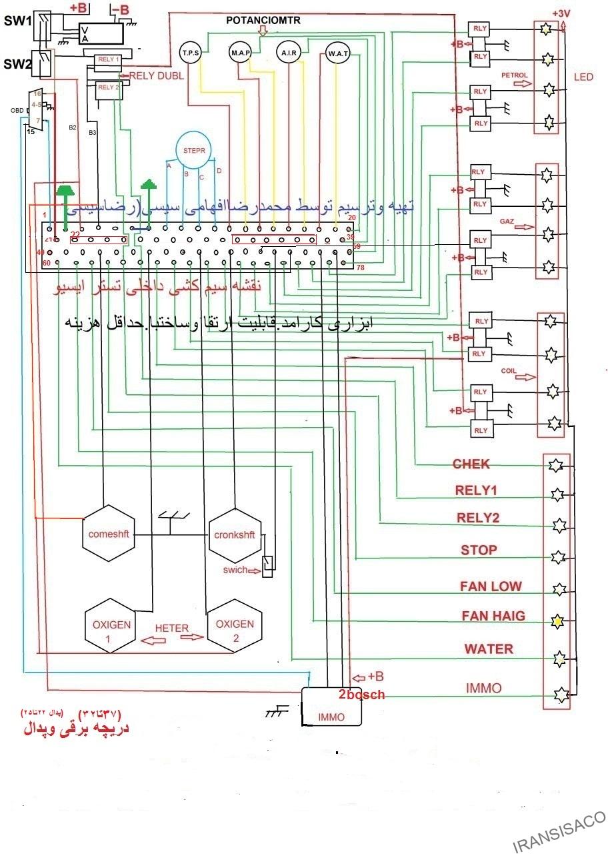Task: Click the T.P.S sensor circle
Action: pos(191,53)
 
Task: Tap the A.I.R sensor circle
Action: pos(288,53)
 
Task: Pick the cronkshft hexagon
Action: pos(234,535)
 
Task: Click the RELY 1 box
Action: pos(108,60)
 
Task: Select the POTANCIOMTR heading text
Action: pos(263,21)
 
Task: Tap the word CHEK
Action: pos(471,464)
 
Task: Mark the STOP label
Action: pos(479,550)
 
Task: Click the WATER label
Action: pos(489,649)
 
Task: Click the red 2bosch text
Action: pos(361,695)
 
